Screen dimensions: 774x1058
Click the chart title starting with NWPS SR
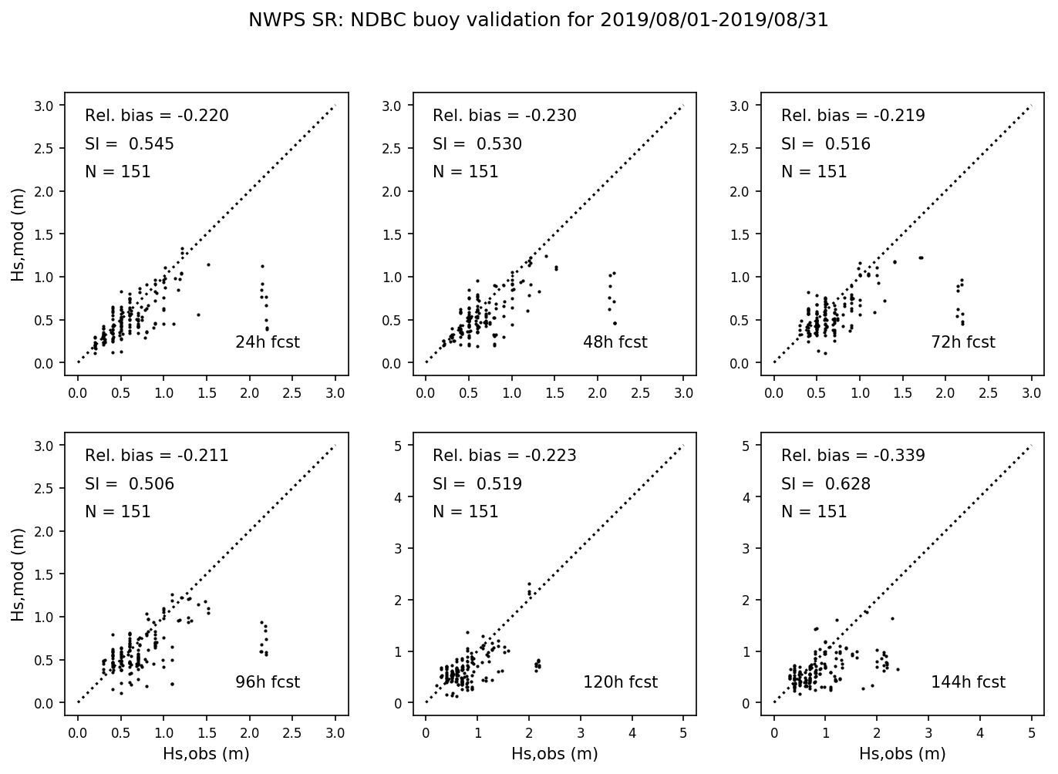pos(537,21)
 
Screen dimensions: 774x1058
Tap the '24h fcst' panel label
pos(267,342)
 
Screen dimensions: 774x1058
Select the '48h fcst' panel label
pos(615,342)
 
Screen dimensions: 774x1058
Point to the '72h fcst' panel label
pos(963,342)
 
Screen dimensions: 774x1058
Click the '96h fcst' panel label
pos(267,682)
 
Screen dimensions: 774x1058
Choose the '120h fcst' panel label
pos(620,682)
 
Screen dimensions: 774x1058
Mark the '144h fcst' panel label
pos(968,682)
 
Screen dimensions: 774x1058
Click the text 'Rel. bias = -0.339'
pos(853,456)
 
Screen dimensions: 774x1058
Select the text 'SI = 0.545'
pos(130,144)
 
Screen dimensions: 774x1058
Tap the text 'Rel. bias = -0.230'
pos(504,116)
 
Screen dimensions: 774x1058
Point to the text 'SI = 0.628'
pos(826,484)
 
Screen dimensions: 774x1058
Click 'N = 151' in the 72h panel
pos(814,172)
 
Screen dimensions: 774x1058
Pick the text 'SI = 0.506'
pos(130,484)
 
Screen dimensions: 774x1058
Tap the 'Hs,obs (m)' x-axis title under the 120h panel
pos(554,754)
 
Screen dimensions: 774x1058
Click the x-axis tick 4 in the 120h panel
pos(632,734)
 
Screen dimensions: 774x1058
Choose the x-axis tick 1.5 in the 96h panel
pos(207,734)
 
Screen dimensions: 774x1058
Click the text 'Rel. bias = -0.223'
pos(504,456)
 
